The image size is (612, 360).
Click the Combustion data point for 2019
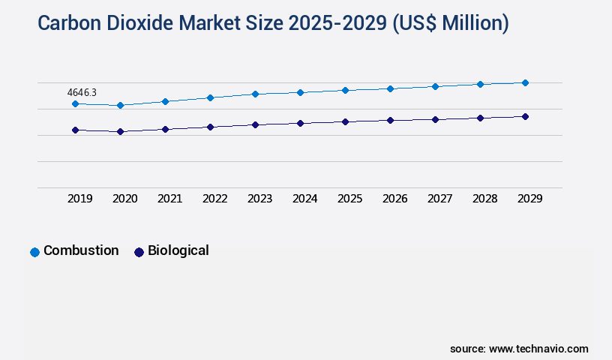coord(75,103)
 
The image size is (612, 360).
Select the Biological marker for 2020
coord(120,132)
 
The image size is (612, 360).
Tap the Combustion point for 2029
coord(525,82)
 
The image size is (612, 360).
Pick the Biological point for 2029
coord(525,116)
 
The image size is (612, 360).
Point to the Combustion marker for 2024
coord(300,92)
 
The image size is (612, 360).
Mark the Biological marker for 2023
coord(255,124)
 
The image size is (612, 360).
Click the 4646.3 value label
coord(82,92)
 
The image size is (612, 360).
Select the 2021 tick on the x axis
coord(169,199)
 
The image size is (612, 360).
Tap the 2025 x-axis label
coord(349,199)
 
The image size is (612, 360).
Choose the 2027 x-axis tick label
coord(439,199)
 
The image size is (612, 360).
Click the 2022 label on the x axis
coord(214,199)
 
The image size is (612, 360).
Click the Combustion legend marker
coord(34,252)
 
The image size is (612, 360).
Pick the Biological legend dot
coord(139,252)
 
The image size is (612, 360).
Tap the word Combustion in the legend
coord(81,250)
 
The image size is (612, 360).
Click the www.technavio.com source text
coord(538,349)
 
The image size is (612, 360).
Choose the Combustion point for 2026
coord(390,88)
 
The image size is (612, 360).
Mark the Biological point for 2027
coord(435,119)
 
